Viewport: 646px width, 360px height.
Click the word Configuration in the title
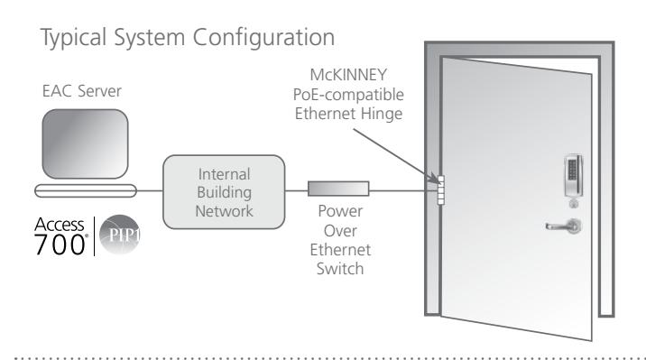[263, 38]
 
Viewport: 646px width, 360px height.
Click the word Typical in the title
[74, 38]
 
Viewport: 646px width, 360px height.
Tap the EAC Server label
[81, 91]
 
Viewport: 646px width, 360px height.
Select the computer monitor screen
[86, 143]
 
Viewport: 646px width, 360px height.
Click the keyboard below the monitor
[86, 190]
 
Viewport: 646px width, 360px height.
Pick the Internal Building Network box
[224, 192]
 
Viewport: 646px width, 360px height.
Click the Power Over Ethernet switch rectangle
[338, 189]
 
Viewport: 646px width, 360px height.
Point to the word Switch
[340, 269]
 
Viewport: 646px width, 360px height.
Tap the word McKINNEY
[348, 75]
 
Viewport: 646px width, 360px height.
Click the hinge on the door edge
[441, 190]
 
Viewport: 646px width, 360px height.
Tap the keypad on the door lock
[572, 170]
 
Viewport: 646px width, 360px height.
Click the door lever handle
[564, 226]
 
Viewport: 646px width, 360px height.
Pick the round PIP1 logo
[120, 235]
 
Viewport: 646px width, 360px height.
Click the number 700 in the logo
[60, 245]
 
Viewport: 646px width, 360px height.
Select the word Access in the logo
[60, 225]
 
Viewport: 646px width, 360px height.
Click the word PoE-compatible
[348, 95]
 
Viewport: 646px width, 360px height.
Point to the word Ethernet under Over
[340, 250]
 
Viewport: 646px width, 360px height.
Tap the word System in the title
[150, 38]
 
